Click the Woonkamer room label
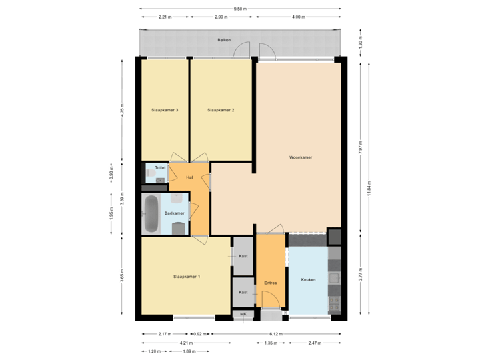point(301,158)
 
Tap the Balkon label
point(224,41)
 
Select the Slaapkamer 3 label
point(165,110)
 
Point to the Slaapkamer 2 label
point(221,110)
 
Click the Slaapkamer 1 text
point(187,276)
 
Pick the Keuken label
point(308,279)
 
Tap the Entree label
point(271,283)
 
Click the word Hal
point(189,177)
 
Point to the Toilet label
point(160,168)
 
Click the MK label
point(243,314)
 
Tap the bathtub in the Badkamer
point(151,215)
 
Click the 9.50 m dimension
point(240,9)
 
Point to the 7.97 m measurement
point(360,147)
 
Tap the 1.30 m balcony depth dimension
point(360,43)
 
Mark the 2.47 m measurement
point(314,343)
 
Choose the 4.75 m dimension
point(121,109)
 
